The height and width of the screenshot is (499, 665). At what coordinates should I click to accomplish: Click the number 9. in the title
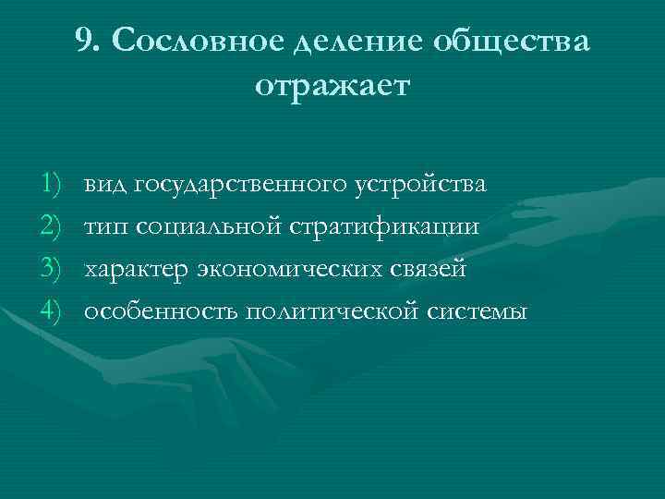90,42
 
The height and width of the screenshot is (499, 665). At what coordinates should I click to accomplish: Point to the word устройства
420,185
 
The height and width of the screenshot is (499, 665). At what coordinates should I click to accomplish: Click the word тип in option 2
106,226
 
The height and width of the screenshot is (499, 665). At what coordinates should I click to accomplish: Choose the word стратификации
387,227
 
